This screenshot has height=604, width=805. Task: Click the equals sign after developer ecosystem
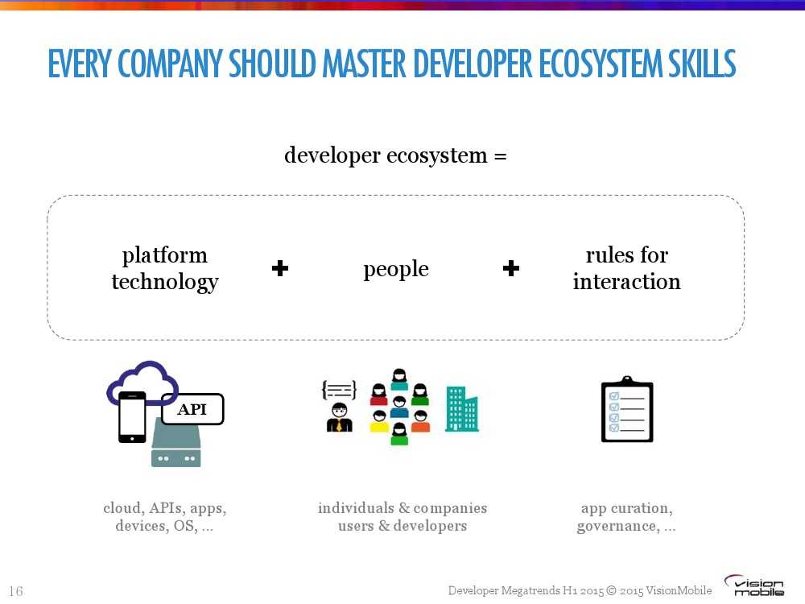pyautogui.click(x=501, y=155)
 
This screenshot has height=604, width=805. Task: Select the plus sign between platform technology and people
pyautogui.click(x=280, y=268)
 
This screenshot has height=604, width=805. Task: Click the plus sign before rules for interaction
pyautogui.click(x=511, y=268)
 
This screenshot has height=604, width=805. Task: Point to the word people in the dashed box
pyautogui.click(x=396, y=269)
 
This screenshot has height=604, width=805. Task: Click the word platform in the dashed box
pyautogui.click(x=165, y=255)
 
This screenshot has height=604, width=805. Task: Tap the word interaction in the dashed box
pyautogui.click(x=627, y=281)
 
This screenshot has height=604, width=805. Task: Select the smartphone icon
pyautogui.click(x=132, y=417)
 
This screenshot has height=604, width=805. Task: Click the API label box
pyautogui.click(x=192, y=409)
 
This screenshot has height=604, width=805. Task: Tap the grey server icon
pyautogui.click(x=176, y=443)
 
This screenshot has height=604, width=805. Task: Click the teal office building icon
pyautogui.click(x=461, y=409)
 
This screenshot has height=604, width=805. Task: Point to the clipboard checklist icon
pyautogui.click(x=627, y=409)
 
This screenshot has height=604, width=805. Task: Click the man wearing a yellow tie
pyautogui.click(x=340, y=417)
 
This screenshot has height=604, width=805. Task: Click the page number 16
pyautogui.click(x=16, y=591)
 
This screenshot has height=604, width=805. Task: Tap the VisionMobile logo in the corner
pyautogui.click(x=754, y=585)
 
